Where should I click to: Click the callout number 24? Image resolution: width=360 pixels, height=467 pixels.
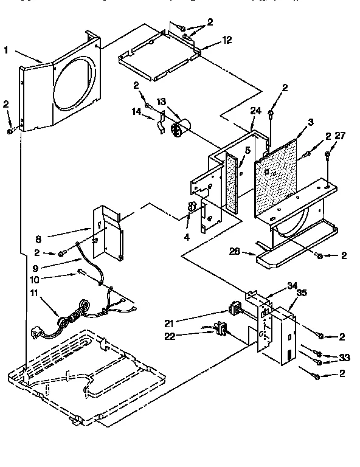pyautogui.click(x=255, y=111)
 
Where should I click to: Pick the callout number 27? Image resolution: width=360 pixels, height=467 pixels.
pyautogui.click(x=339, y=136)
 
